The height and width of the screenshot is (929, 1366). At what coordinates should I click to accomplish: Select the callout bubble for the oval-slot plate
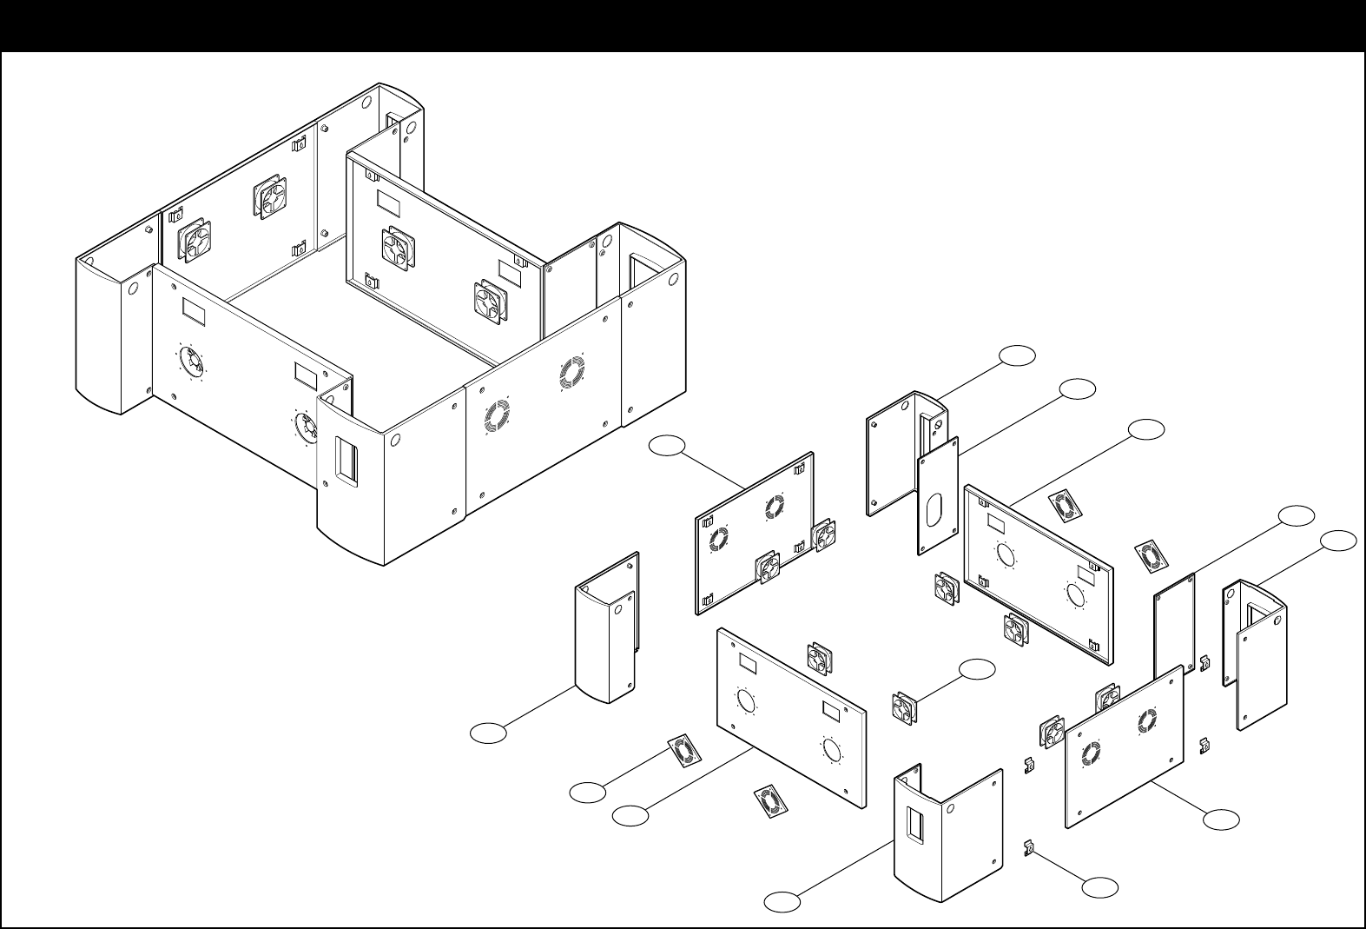pyautogui.click(x=1078, y=388)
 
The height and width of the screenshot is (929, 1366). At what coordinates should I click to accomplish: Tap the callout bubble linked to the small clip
pyautogui.click(x=1100, y=887)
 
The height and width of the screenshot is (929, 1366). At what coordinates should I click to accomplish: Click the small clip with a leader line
pyautogui.click(x=1027, y=846)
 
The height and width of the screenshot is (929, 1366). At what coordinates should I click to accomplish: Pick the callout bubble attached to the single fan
pyautogui.click(x=978, y=669)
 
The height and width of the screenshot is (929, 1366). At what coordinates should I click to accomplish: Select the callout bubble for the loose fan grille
pyautogui.click(x=587, y=793)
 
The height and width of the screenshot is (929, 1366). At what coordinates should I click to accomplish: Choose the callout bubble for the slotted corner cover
pyautogui.click(x=782, y=902)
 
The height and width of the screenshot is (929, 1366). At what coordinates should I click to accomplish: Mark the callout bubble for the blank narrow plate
pyautogui.click(x=1297, y=514)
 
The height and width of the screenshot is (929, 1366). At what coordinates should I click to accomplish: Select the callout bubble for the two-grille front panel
pyautogui.click(x=1222, y=819)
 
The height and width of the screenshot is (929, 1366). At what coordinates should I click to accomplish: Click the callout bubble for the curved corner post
pyautogui.click(x=488, y=733)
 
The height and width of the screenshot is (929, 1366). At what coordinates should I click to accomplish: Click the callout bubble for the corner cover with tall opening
pyautogui.click(x=1338, y=541)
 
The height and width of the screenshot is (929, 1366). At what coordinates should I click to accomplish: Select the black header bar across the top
pyautogui.click(x=683, y=24)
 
